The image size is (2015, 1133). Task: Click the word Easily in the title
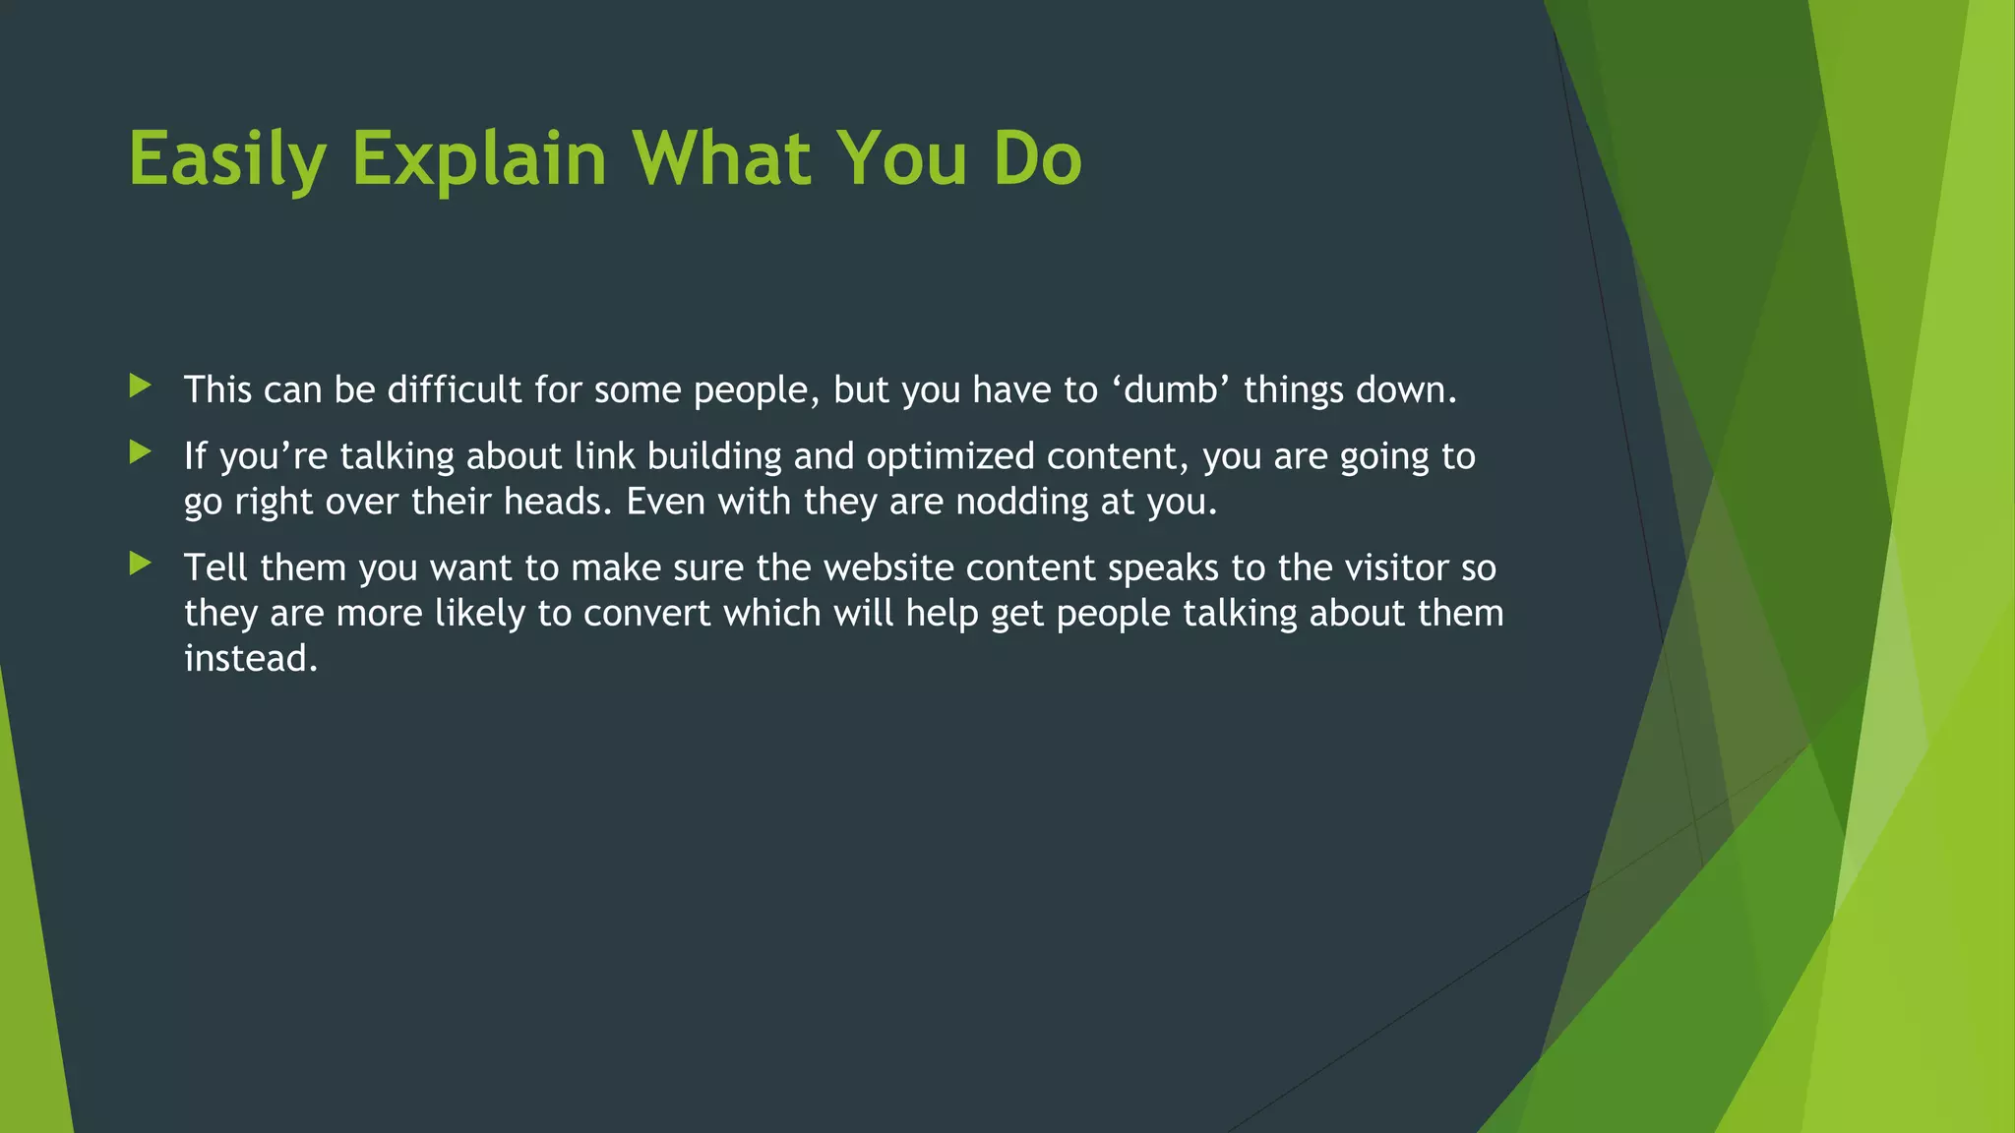pyautogui.click(x=226, y=159)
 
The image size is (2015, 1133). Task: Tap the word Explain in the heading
pyautogui.click(x=479, y=159)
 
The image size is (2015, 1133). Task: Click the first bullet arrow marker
pyautogui.click(x=141, y=386)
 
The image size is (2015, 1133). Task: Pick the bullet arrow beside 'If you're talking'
pyautogui.click(x=141, y=452)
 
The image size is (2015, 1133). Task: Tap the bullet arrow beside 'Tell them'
pyautogui.click(x=141, y=564)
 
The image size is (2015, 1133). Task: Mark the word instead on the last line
pyautogui.click(x=250, y=659)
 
